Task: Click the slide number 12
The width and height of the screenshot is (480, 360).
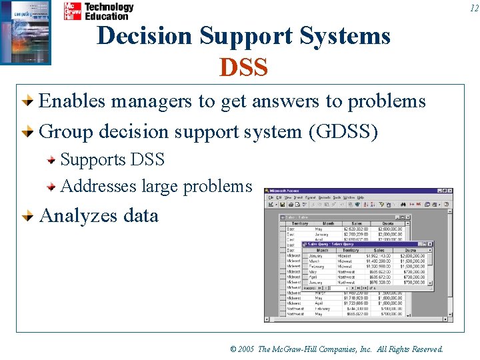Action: point(473,9)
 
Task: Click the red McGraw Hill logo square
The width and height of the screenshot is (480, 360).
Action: point(72,11)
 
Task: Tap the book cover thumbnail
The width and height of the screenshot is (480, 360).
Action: point(25,32)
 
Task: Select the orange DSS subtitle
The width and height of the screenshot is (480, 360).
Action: point(243,67)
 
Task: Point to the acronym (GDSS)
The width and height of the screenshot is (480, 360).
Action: point(343,131)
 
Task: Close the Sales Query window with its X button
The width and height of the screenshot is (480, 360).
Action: point(430,245)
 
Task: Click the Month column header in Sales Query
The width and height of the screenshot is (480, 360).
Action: point(322,251)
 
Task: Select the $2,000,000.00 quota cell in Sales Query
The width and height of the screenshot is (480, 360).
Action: point(415,256)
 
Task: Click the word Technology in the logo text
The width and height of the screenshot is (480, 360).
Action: point(109,7)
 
